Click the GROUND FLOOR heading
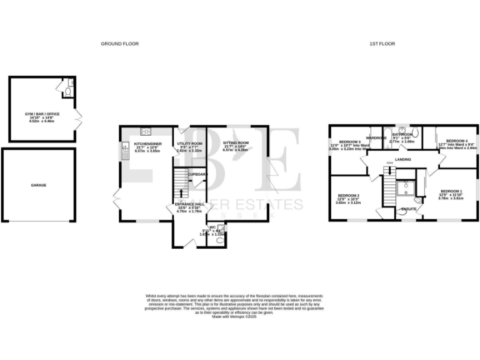click(119, 44)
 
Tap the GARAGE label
click(39, 185)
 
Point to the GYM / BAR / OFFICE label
click(39, 114)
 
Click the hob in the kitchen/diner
click(147, 131)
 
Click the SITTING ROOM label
click(236, 143)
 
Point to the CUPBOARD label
click(198, 174)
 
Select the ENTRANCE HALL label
click(190, 204)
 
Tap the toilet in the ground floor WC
click(219, 240)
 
